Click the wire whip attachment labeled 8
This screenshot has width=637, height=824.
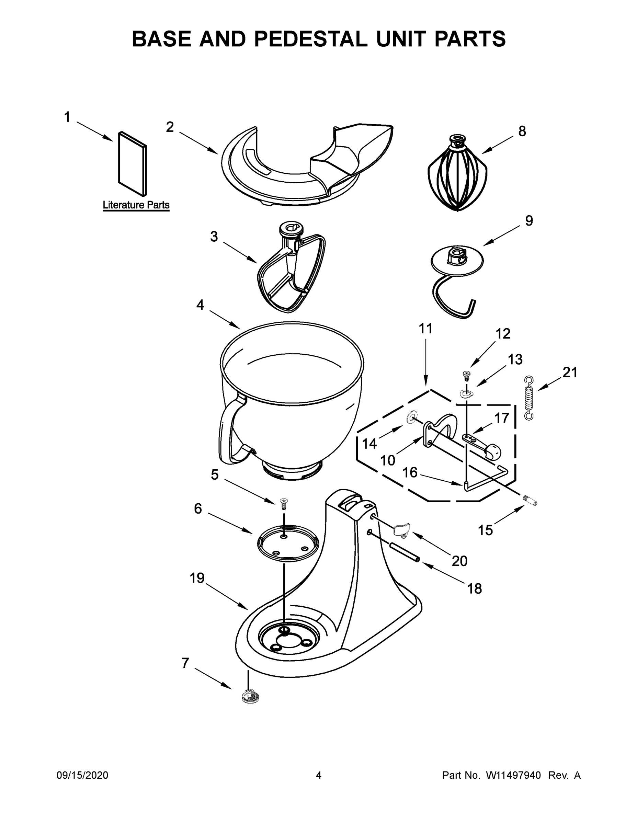tap(457, 175)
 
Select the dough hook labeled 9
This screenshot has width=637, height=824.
tap(457, 264)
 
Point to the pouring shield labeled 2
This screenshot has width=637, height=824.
tap(306, 166)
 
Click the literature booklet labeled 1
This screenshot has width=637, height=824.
tap(133, 164)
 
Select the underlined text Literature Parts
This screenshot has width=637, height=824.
tap(136, 205)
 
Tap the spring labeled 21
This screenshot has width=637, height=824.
tap(529, 398)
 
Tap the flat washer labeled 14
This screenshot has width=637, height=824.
tap(411, 417)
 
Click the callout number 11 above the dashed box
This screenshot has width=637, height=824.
tap(426, 329)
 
